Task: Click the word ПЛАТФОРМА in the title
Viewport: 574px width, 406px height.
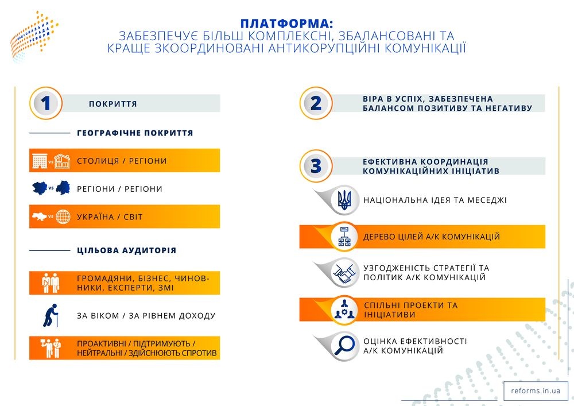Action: pyautogui.click(x=286, y=24)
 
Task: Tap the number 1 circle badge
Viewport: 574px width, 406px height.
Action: pyautogui.click(x=46, y=103)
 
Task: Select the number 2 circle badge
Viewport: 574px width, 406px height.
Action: pyautogui.click(x=316, y=103)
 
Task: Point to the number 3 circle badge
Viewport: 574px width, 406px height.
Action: pyautogui.click(x=316, y=166)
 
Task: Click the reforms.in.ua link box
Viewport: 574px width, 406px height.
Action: pyautogui.click(x=536, y=390)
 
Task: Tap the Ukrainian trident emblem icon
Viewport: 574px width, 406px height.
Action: pyautogui.click(x=344, y=200)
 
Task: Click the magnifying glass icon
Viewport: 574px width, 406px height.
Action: pyautogui.click(x=344, y=346)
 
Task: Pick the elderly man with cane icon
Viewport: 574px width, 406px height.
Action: pyautogui.click(x=51, y=315)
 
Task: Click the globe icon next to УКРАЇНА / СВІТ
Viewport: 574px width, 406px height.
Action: pyautogui.click(x=63, y=216)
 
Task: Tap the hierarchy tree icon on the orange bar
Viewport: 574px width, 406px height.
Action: pyautogui.click(x=344, y=237)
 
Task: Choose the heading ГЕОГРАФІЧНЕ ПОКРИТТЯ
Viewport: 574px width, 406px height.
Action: pyautogui.click(x=135, y=133)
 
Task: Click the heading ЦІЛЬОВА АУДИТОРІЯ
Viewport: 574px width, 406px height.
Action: pyautogui.click(x=127, y=250)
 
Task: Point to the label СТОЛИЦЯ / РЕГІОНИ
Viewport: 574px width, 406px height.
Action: pyautogui.click(x=122, y=161)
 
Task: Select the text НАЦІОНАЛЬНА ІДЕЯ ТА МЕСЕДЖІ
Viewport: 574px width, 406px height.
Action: pyautogui.click(x=435, y=200)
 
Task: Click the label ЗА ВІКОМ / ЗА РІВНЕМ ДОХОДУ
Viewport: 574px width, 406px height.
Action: pyautogui.click(x=146, y=316)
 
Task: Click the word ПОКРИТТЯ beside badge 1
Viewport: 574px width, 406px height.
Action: pyautogui.click(x=113, y=104)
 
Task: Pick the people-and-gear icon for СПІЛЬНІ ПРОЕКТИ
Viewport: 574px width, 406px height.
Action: pyautogui.click(x=344, y=310)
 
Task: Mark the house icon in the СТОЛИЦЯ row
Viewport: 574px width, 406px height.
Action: pyautogui.click(x=62, y=161)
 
